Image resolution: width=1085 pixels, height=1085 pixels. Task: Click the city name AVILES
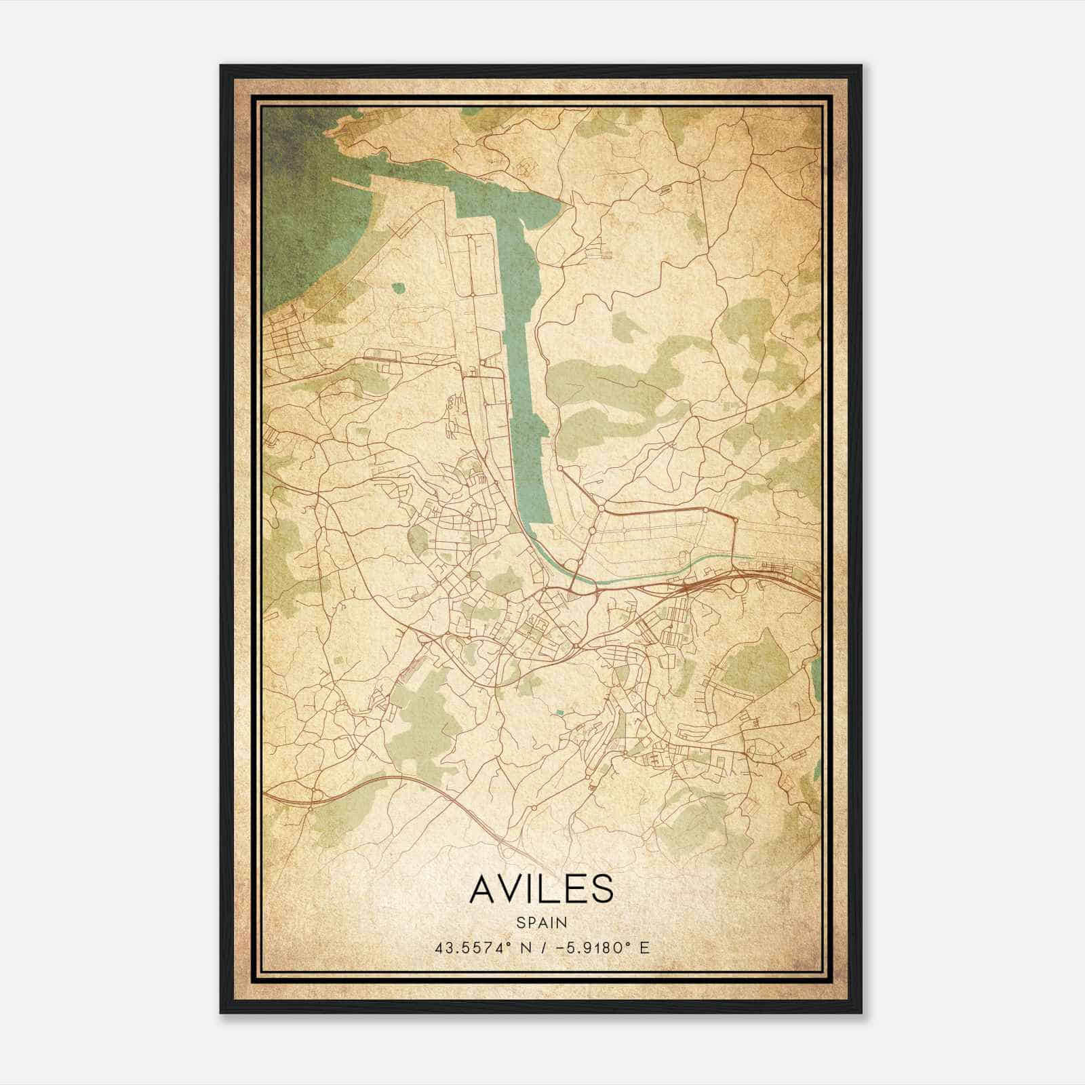pos(540,889)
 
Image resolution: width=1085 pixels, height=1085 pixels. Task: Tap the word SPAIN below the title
pos(541,922)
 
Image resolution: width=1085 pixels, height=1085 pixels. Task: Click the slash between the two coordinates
pos(542,947)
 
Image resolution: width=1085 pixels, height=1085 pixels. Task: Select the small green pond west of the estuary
pos(397,288)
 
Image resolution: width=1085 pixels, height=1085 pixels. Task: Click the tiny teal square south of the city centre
pos(559,712)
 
